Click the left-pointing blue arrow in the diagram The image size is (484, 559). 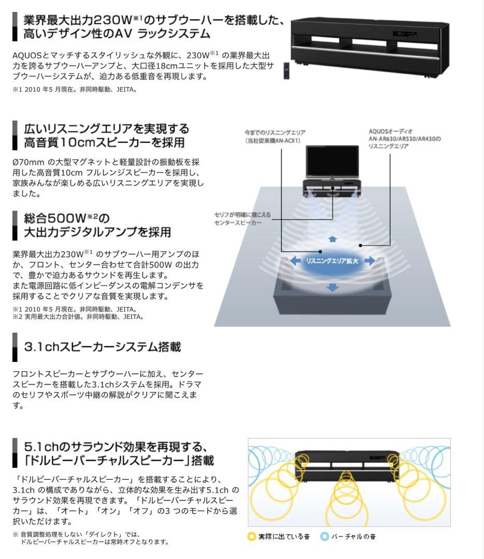pos(295,261)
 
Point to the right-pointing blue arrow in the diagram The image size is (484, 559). pos(369,261)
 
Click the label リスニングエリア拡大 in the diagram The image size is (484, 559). pos(332,261)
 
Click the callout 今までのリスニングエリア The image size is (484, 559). pos(275,132)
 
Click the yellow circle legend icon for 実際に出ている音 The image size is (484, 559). pos(252,536)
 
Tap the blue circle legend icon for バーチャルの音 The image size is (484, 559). pos(325,536)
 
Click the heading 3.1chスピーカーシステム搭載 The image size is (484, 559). pos(103,347)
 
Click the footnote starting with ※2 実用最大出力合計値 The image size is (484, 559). pos(78,316)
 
